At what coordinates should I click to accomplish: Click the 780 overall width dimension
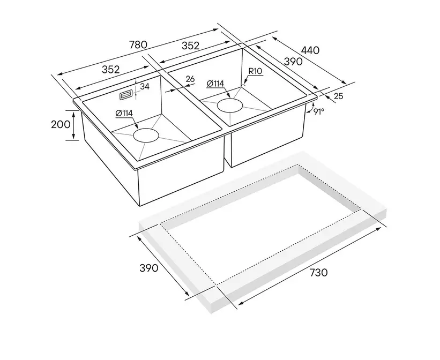(138, 44)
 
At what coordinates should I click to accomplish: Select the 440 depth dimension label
(310, 50)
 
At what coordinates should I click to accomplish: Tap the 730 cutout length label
(318, 273)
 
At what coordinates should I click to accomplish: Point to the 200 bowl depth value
(61, 124)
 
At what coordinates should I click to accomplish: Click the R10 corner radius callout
(255, 71)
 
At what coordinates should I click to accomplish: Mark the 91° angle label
(319, 111)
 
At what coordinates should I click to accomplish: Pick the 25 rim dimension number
(339, 96)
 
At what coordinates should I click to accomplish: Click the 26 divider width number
(190, 79)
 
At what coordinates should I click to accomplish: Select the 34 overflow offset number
(145, 87)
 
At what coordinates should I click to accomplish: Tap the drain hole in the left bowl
(146, 135)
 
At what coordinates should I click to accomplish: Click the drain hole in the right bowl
(230, 106)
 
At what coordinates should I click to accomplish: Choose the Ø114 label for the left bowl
(124, 113)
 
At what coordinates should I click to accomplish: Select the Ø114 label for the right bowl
(215, 84)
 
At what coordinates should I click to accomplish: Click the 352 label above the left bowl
(110, 70)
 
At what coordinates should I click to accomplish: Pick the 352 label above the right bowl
(191, 46)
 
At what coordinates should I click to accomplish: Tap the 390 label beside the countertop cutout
(149, 268)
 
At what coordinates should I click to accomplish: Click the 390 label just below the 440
(293, 62)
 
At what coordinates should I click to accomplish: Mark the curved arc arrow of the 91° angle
(309, 108)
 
